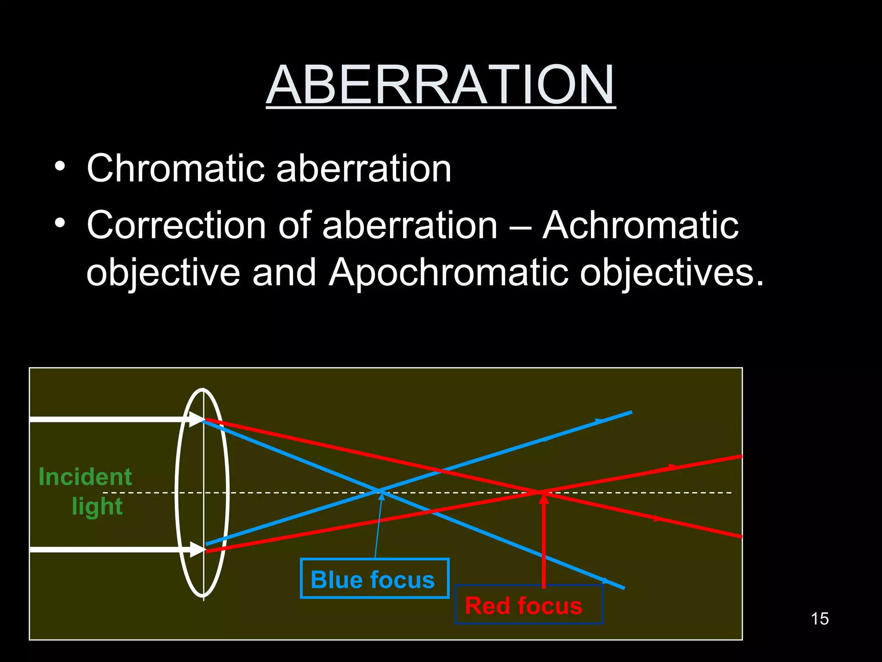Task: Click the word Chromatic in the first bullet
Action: click(175, 169)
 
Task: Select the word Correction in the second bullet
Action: click(176, 225)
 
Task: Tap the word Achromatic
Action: click(640, 225)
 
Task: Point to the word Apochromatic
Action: click(448, 273)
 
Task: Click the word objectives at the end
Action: click(671, 273)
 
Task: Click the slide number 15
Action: click(819, 619)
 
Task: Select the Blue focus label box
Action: click(374, 579)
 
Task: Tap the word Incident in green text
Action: click(85, 477)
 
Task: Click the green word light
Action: click(97, 506)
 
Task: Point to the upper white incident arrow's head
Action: click(197, 419)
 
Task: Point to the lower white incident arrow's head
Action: click(197, 550)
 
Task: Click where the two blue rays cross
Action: click(379, 491)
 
